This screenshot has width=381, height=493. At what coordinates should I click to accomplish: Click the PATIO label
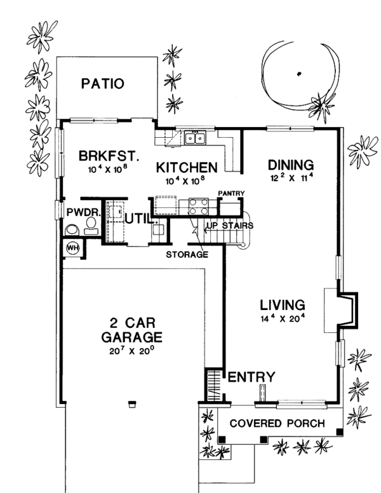point(102,84)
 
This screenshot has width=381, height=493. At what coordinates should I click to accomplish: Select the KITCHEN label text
point(187,167)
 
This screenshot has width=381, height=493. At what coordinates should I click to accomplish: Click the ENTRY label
point(251,377)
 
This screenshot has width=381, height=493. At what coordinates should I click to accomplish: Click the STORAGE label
point(187,255)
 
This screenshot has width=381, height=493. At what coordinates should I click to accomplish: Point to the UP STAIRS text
point(229,226)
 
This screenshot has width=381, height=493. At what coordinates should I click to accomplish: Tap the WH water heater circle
point(72,248)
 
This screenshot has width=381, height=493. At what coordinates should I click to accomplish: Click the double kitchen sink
point(196,137)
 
